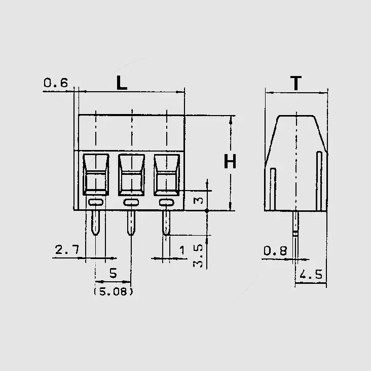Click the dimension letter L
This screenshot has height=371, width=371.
(x=122, y=83)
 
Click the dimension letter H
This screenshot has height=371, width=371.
(x=230, y=161)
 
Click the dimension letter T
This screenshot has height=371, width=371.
(x=296, y=83)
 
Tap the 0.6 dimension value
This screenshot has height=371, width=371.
(x=56, y=83)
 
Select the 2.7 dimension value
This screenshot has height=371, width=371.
(x=67, y=250)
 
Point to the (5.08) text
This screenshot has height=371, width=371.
(x=114, y=292)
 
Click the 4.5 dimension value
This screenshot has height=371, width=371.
(x=311, y=275)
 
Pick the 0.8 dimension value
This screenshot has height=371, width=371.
(x=275, y=251)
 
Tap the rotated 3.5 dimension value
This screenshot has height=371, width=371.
(x=198, y=256)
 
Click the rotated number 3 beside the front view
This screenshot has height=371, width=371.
(x=198, y=201)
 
